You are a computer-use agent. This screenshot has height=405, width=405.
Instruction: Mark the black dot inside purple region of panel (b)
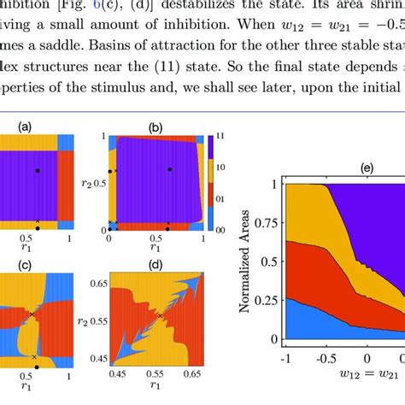pyautogui.click(x=171, y=170)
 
